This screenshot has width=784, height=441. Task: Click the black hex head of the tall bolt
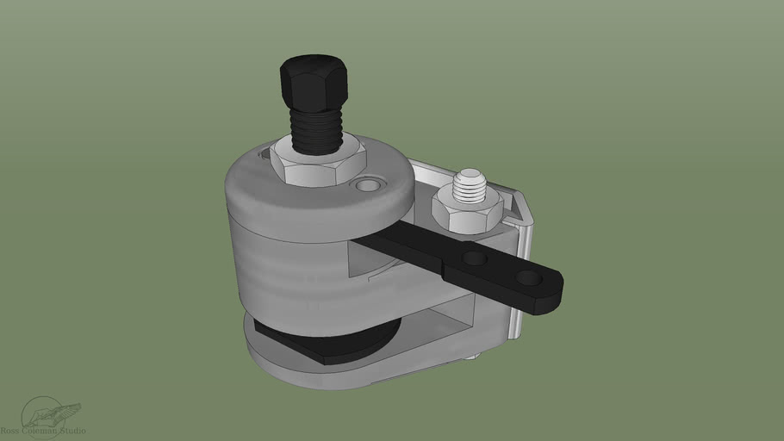coord(314,79)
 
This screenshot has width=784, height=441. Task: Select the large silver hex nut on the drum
coord(316,165)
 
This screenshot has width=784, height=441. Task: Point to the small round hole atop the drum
coord(369,185)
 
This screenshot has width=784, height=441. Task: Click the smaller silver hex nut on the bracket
coord(465,209)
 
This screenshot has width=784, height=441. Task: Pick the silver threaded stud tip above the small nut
coord(470,183)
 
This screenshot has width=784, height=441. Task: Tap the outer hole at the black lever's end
coord(526,278)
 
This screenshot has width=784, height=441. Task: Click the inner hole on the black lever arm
coord(472,258)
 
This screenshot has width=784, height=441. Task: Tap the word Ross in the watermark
coord(11,431)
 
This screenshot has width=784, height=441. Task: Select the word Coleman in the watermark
coord(40,431)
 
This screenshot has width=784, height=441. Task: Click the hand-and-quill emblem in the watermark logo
coord(52,414)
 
